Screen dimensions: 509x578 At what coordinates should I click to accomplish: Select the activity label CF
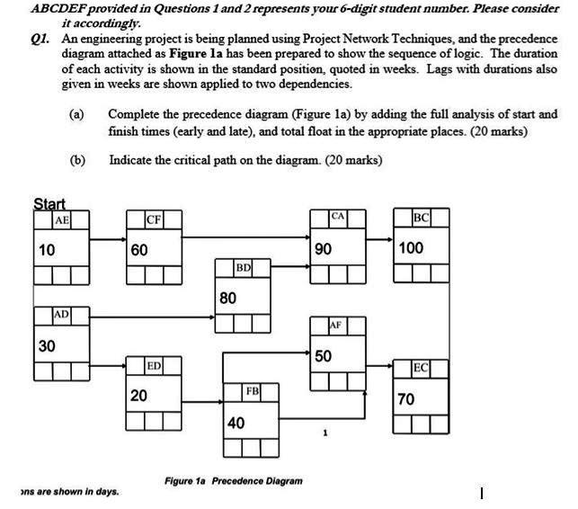[x=154, y=219]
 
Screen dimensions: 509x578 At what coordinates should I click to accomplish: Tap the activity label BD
[x=243, y=268]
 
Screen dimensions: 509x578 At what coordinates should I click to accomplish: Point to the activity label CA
[x=337, y=216]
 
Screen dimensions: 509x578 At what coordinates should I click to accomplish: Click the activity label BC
[x=422, y=219]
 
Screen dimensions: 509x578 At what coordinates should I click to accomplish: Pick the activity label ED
[x=154, y=365]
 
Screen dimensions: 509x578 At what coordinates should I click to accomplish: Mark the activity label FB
[x=253, y=391]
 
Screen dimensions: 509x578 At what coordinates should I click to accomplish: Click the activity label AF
[x=335, y=324]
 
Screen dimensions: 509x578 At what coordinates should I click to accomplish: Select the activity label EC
[x=422, y=368]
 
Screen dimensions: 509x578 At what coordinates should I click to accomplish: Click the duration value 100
[x=410, y=247]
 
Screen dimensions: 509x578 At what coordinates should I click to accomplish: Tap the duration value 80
[x=227, y=297]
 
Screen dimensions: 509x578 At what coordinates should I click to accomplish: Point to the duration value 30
[x=47, y=345]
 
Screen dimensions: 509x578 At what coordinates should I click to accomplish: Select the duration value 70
[x=406, y=398]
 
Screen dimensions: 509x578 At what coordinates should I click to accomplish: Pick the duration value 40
[x=236, y=422]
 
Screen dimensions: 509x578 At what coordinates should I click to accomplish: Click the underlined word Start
[x=49, y=204]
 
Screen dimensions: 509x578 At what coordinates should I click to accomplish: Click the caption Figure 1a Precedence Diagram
[x=233, y=480]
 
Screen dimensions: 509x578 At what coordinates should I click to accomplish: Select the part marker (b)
[x=77, y=160]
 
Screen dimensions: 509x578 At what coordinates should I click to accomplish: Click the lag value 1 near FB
[x=325, y=433]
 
